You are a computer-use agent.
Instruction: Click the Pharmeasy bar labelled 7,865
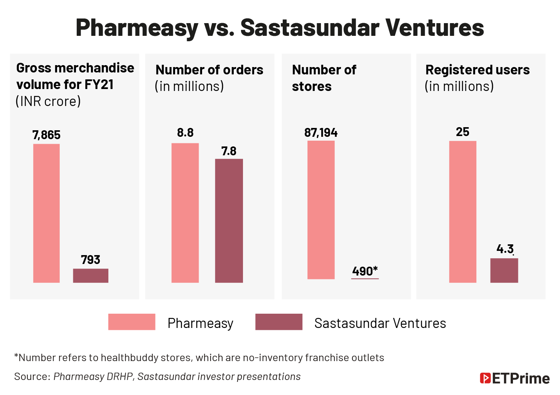pyautogui.click(x=46, y=213)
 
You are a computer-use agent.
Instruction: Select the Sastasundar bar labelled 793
pyautogui.click(x=91, y=276)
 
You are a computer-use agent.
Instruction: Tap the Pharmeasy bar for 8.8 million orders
pyautogui.click(x=185, y=213)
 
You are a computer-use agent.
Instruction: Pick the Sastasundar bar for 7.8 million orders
pyautogui.click(x=229, y=220)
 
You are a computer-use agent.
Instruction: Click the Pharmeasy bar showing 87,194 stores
pyautogui.click(x=321, y=210)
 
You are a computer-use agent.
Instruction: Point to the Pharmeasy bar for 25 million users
pyautogui.click(x=462, y=212)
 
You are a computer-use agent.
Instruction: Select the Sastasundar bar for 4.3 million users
pyautogui.click(x=504, y=270)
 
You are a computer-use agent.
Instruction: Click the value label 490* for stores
pyautogui.click(x=364, y=271)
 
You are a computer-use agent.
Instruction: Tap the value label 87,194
pyautogui.click(x=321, y=133)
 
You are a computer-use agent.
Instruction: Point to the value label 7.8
pyautogui.click(x=229, y=151)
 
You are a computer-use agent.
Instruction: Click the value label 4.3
pyautogui.click(x=505, y=249)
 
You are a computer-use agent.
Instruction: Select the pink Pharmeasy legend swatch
pyautogui.click(x=132, y=322)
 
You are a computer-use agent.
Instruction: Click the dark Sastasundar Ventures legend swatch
pyautogui.click(x=278, y=322)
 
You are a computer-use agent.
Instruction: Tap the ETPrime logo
pyautogui.click(x=514, y=378)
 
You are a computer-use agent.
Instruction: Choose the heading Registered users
pyautogui.click(x=477, y=70)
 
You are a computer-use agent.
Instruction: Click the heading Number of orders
pyautogui.click(x=209, y=70)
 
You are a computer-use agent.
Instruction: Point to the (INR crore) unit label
pyautogui.click(x=48, y=101)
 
